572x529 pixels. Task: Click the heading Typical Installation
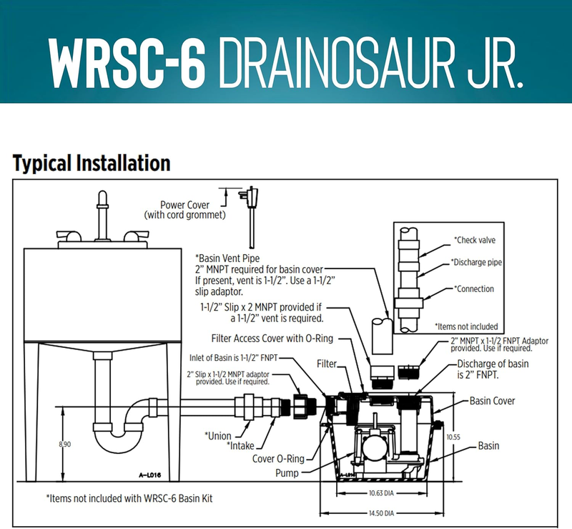click(x=92, y=163)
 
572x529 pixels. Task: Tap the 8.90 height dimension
click(x=65, y=445)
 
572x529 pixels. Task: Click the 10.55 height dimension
click(x=452, y=436)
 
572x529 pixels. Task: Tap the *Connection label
click(x=475, y=289)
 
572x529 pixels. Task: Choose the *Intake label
click(x=240, y=445)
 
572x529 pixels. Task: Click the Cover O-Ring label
click(x=280, y=459)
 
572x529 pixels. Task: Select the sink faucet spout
click(x=102, y=204)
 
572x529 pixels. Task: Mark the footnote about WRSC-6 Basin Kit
click(x=129, y=498)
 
